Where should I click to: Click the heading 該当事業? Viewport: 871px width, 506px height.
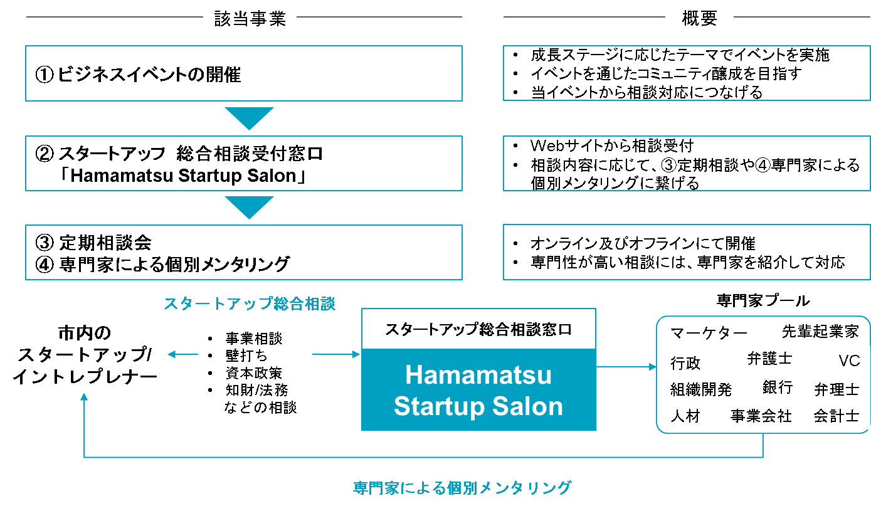coord(250,19)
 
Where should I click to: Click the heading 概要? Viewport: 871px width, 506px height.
coord(699,19)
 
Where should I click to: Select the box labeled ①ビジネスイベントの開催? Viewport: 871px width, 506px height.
coord(243,73)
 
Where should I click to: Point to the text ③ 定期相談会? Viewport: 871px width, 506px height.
coord(94,242)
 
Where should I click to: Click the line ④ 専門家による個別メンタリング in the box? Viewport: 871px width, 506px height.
coord(163,264)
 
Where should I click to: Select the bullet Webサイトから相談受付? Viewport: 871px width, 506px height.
coord(611,146)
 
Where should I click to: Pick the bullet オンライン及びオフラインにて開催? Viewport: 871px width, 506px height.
coord(643,243)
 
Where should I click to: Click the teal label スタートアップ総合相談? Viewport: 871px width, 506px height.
coord(250,304)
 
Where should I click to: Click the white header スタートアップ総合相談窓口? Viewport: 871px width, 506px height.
coord(478,329)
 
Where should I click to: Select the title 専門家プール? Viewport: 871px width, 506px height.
coord(763,301)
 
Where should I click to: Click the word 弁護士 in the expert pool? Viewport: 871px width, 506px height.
coord(769,359)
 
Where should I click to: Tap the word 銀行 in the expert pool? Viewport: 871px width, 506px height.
coord(778,387)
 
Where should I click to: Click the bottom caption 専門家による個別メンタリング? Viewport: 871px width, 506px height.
coord(462,487)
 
